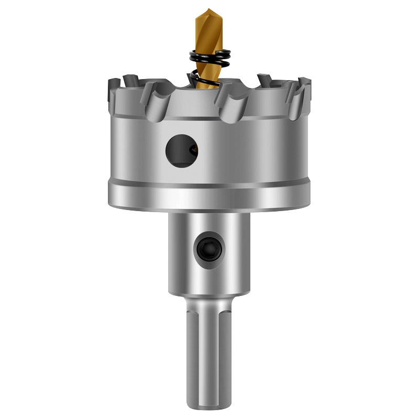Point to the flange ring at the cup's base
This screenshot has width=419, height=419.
[210, 194]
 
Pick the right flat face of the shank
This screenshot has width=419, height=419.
[226, 356]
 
